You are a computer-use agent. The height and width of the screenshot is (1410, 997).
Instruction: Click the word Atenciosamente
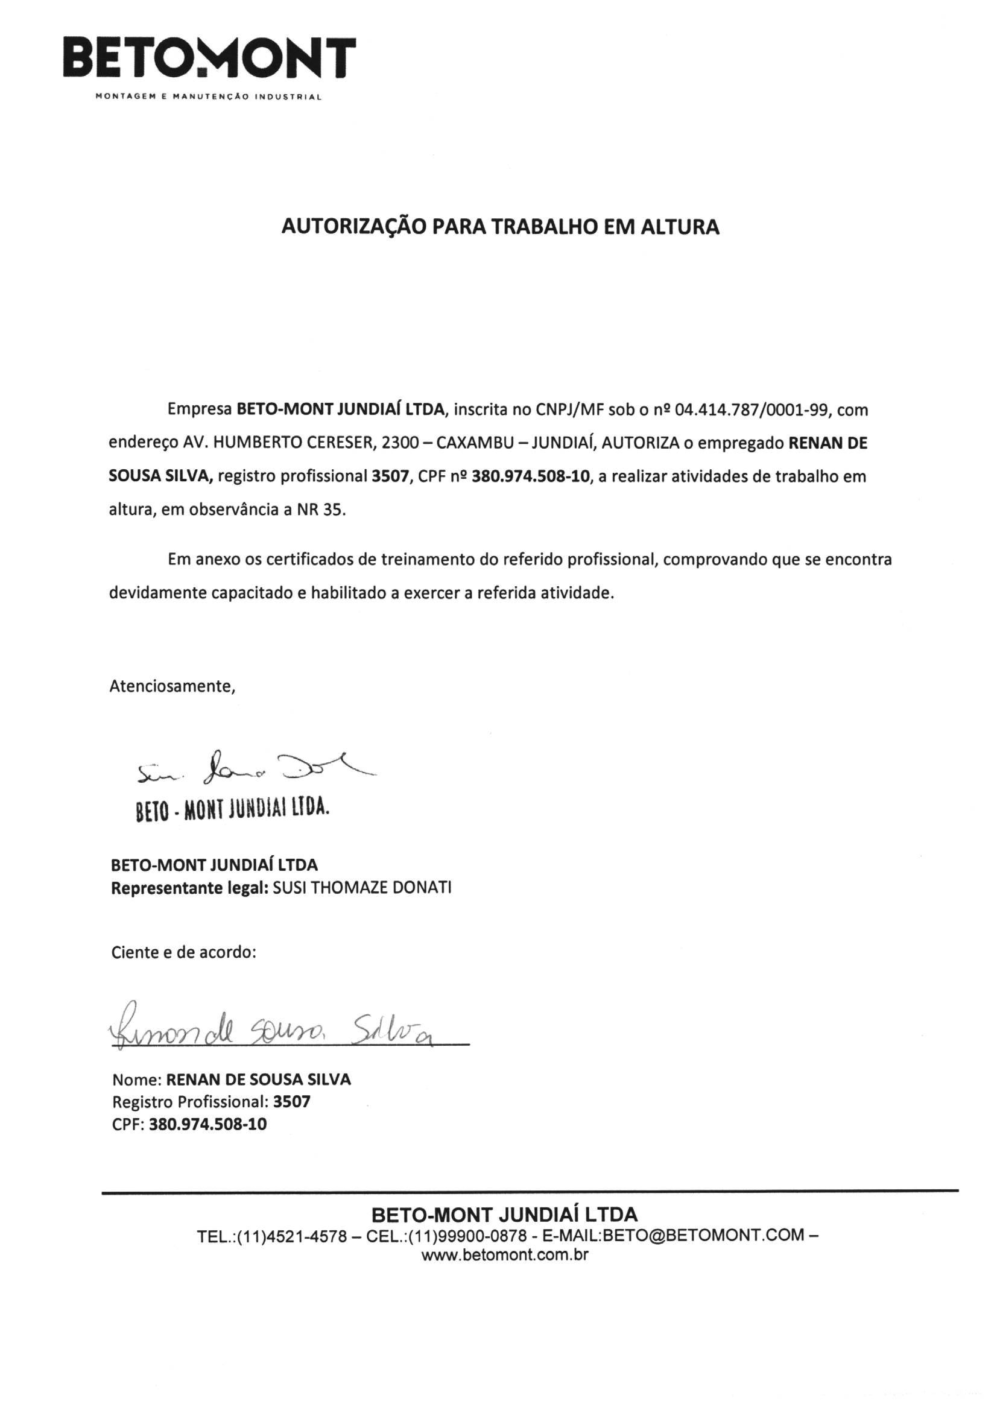click(x=172, y=686)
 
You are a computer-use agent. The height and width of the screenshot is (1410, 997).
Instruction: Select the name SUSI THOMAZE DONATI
click(x=362, y=888)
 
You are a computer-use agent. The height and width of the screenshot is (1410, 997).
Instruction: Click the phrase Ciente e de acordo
click(x=183, y=952)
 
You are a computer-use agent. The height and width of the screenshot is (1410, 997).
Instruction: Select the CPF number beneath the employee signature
click(x=207, y=1124)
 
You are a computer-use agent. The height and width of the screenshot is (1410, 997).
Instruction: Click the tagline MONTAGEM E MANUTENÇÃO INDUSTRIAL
click(x=209, y=97)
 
